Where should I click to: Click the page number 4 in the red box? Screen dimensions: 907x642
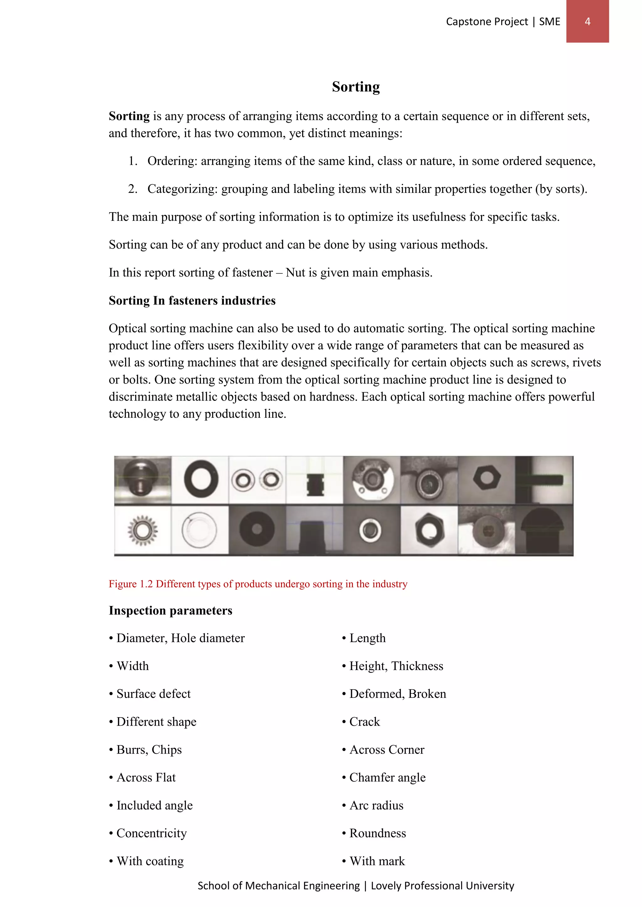587,21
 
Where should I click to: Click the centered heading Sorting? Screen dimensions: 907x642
355,86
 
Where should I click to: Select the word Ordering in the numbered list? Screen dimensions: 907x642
172,161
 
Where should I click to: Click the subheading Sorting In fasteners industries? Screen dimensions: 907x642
192,301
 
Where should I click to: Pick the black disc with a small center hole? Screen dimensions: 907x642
257,529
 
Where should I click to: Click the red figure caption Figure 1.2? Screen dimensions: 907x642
258,584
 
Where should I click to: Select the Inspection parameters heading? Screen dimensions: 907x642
171,611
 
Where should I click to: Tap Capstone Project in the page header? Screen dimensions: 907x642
487,22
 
